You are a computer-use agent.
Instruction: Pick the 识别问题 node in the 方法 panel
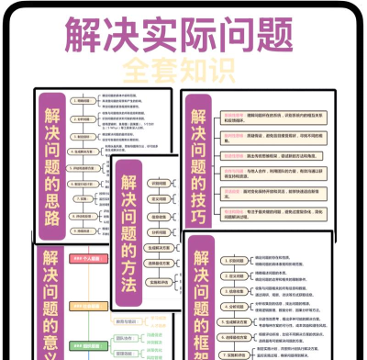(x=159, y=183)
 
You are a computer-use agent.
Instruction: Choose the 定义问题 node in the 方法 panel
(x=159, y=200)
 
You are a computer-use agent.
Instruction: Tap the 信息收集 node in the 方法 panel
(x=159, y=218)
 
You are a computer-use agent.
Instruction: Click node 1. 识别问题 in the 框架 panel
(x=237, y=260)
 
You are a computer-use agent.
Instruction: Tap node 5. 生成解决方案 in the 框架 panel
(x=240, y=322)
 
